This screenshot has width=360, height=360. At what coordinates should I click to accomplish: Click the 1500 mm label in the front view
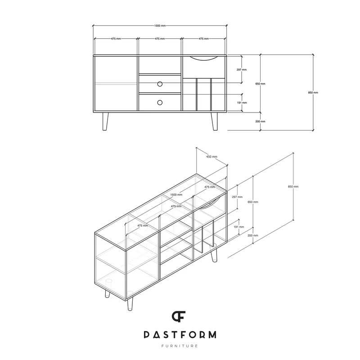coord(160,26)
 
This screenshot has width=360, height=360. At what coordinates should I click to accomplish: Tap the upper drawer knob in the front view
coord(160,84)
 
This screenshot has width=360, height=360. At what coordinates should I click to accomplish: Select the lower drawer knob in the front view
coord(160,103)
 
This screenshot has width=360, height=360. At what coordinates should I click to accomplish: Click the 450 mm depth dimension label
coord(211,157)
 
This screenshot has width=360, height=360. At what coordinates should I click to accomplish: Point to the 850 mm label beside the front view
coord(313,93)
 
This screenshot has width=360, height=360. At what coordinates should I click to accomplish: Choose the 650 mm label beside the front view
coord(261,84)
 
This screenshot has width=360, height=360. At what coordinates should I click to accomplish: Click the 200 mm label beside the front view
coord(261,121)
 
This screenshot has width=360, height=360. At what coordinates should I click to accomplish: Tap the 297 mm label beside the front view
coord(242,70)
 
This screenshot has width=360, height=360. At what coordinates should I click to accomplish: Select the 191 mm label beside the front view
coord(242,103)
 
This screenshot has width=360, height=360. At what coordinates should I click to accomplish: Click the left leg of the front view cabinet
coord(105,121)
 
